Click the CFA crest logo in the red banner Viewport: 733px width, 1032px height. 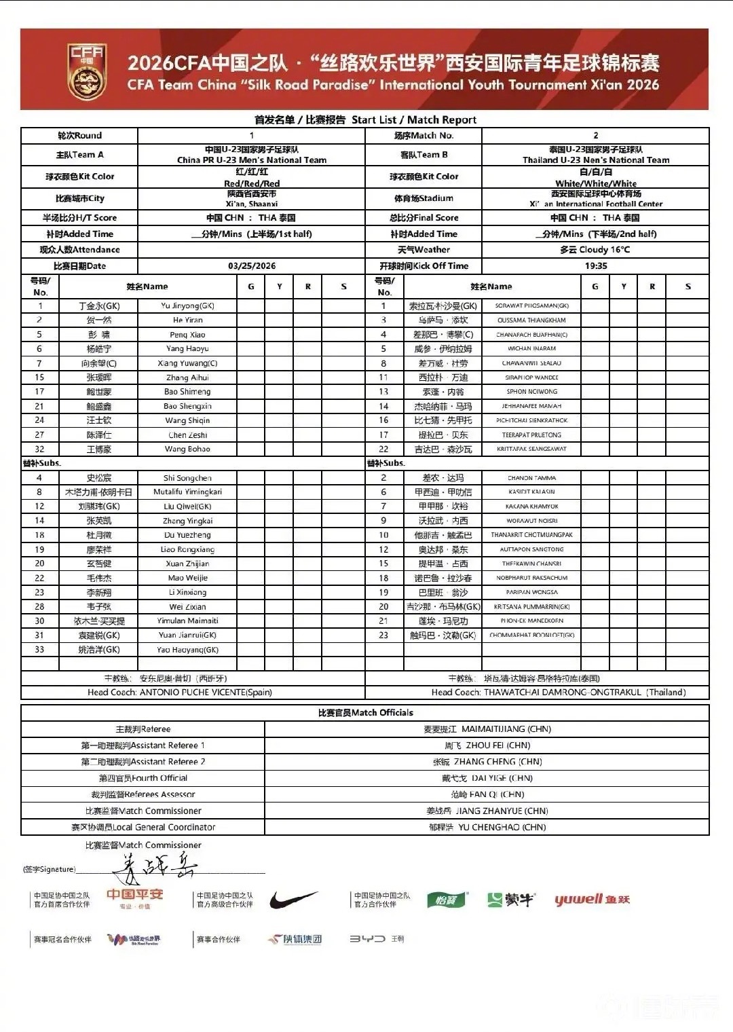87,70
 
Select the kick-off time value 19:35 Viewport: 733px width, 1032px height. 595,266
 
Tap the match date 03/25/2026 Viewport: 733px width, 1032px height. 252,266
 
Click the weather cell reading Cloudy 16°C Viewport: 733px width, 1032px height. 595,250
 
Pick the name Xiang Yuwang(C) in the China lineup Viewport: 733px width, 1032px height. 187,363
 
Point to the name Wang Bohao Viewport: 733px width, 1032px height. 187,449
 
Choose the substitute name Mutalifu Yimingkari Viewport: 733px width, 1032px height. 187,492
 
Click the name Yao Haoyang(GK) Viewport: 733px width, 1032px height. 187,650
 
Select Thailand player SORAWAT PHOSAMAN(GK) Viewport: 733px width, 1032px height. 531,306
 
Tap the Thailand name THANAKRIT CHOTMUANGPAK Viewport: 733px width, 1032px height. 531,535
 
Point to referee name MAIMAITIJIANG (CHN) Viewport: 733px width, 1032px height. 506,729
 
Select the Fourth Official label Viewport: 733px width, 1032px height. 143,778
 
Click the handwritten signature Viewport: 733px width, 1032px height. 156,866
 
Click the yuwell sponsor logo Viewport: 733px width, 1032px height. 592,900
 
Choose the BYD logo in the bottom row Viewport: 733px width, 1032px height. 367,939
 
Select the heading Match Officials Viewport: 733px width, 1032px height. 365,713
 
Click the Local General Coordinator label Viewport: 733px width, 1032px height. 143,827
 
